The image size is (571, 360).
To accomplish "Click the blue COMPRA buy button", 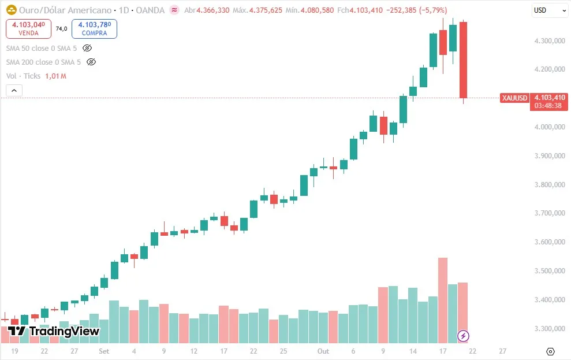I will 94,28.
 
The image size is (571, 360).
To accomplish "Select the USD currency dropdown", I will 549,10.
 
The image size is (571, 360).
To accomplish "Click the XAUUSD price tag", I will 514,98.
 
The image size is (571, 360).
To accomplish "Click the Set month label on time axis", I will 104,351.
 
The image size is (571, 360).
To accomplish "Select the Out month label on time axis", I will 323,351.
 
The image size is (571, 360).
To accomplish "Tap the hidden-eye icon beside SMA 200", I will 91,62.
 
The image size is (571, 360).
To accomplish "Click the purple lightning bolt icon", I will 463,336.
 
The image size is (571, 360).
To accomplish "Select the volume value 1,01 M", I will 55,76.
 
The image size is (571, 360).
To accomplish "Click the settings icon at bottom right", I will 550,351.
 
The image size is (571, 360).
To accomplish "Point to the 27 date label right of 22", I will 503,351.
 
